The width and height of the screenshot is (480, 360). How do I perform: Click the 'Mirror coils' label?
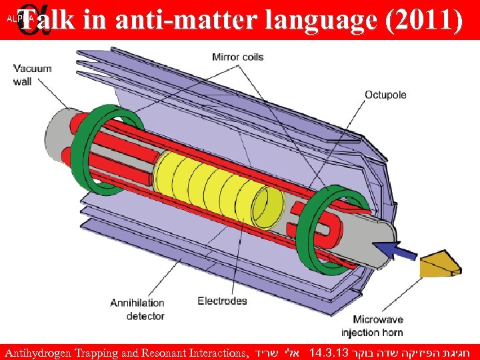pyautogui.click(x=238, y=57)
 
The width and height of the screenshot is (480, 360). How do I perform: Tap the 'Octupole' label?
pyautogui.click(x=385, y=95)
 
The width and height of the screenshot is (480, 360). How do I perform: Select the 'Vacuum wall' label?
pyautogui.click(x=32, y=75)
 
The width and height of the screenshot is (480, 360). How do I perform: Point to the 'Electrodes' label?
pyautogui.click(x=222, y=301)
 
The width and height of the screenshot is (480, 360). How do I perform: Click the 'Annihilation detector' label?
pyautogui.click(x=137, y=309)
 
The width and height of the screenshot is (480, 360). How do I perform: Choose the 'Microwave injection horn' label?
pyautogui.click(x=372, y=325)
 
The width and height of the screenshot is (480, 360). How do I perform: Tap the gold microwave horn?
pyautogui.click(x=440, y=264)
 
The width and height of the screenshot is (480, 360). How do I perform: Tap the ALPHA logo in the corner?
pyautogui.click(x=18, y=19)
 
